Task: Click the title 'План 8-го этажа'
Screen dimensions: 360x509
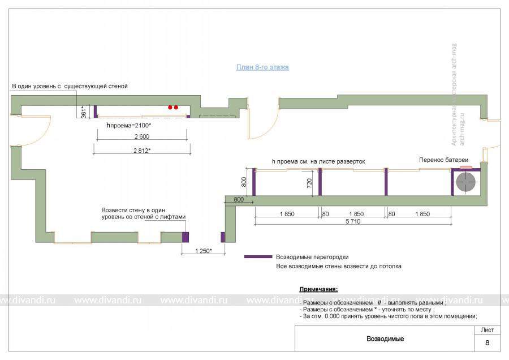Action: point(262,67)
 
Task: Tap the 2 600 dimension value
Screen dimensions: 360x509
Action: point(141,137)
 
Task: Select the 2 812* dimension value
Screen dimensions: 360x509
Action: point(141,150)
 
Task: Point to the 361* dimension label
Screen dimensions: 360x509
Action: point(84,111)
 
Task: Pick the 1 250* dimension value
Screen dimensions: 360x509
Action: point(203,250)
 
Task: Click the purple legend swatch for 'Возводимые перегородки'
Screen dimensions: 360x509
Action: point(258,256)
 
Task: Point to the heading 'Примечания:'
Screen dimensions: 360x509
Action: point(318,289)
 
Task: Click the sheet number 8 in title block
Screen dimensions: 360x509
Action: point(487,342)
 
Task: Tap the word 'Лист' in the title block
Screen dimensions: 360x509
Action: point(487,329)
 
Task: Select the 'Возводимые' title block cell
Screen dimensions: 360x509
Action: point(385,339)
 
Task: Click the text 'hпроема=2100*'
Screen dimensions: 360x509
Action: point(128,125)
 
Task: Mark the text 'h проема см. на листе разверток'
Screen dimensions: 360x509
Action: point(318,161)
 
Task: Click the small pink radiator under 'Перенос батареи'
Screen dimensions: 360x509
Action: point(465,168)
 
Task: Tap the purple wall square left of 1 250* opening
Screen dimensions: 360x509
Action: point(184,236)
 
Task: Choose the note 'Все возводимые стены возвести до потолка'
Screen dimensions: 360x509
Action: point(339,266)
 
